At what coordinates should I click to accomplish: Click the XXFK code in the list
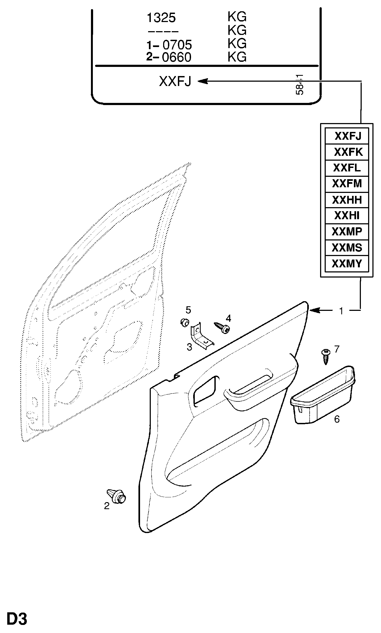click(348, 152)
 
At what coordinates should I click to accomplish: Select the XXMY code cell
click(347, 264)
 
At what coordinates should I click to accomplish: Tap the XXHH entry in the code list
click(347, 200)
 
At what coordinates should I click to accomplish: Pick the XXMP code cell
click(347, 231)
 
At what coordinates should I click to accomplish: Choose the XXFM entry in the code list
click(347, 184)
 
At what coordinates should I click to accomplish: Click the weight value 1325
click(161, 18)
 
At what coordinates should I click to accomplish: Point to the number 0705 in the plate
click(177, 45)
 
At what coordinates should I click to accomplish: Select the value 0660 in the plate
click(177, 57)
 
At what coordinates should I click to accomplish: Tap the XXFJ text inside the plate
click(175, 81)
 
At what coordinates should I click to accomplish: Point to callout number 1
click(341, 311)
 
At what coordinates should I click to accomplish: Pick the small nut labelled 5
click(184, 322)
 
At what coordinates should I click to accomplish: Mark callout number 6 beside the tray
click(337, 419)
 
